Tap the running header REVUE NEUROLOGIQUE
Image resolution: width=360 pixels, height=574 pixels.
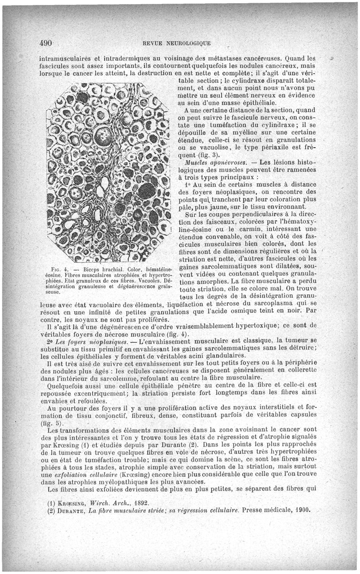pyautogui.click(x=176, y=44)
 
